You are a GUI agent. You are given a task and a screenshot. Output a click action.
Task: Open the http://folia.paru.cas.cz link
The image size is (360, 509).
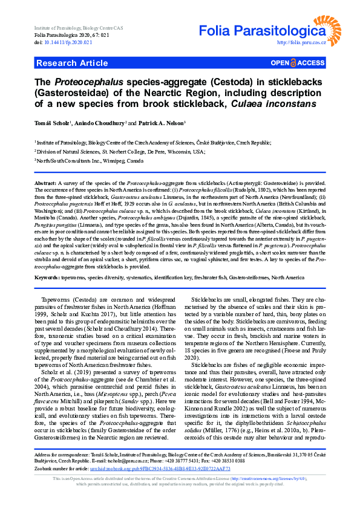click(301, 42)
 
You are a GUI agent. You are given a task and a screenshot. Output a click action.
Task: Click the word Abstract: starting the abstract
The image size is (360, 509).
click(45, 183)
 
